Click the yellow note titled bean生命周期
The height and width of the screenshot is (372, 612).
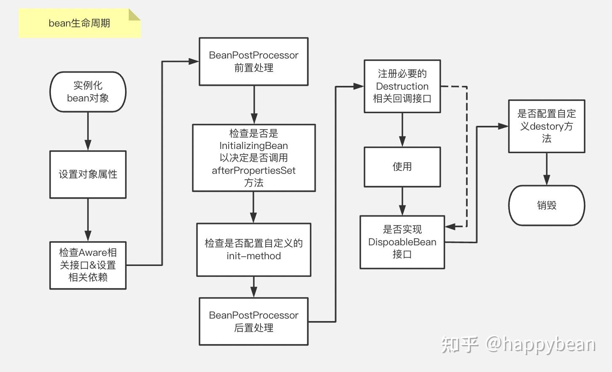coord(80,23)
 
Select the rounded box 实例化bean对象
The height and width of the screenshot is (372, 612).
coord(88,92)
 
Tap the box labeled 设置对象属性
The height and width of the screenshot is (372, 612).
coord(88,174)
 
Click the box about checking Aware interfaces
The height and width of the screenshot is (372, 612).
coord(88,265)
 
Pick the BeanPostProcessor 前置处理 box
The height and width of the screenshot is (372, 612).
coord(253,61)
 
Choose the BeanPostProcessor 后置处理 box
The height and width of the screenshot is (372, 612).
coord(253,322)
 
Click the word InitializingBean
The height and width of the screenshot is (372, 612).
coord(253,146)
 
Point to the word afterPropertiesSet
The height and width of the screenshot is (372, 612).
coord(253,170)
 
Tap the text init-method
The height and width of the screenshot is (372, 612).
coord(253,256)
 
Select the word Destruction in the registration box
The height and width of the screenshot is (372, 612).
coord(402,86)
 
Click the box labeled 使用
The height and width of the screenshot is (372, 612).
coord(402,167)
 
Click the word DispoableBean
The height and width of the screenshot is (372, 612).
coord(402,242)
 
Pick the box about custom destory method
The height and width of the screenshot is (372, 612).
coord(546,126)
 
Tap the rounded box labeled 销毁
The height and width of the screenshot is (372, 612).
coord(546,205)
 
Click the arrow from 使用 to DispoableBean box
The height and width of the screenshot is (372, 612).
coord(402,201)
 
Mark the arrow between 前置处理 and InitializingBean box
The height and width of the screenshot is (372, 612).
coord(254,105)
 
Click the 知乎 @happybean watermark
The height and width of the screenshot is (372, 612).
coord(518,344)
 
